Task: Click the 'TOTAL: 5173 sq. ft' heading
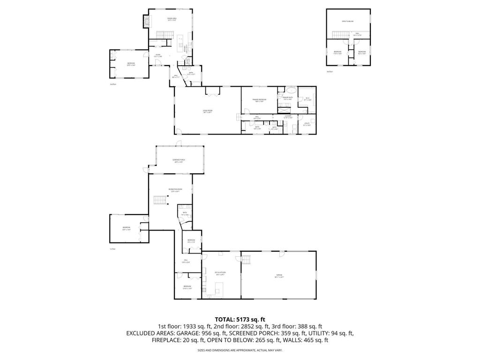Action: pyautogui.click(x=240, y=319)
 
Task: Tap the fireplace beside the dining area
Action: pyautogui.click(x=147, y=21)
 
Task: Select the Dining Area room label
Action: pyautogui.click(x=172, y=19)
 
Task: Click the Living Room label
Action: pyautogui.click(x=207, y=112)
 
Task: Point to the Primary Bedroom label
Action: pyautogui.click(x=259, y=99)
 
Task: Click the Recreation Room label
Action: pyautogui.click(x=175, y=190)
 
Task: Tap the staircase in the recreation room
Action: pyautogui.click(x=160, y=201)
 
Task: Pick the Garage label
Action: pyautogui.click(x=279, y=276)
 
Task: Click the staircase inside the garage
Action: pyautogui.click(x=247, y=259)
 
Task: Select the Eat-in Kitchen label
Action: pyautogui.click(x=220, y=273)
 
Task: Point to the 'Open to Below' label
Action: pyautogui.click(x=347, y=22)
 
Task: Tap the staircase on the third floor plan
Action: pyautogui.click(x=339, y=35)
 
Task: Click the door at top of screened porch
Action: pyautogui.click(x=178, y=143)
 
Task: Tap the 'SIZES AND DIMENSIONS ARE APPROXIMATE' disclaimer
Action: pyautogui.click(x=240, y=350)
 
